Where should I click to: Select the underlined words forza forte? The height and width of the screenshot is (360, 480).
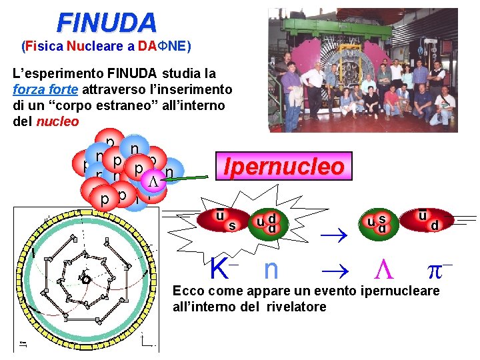[45, 89]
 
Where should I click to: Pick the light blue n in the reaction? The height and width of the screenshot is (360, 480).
[271, 269]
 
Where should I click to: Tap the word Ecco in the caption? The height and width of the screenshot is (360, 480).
[187, 291]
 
